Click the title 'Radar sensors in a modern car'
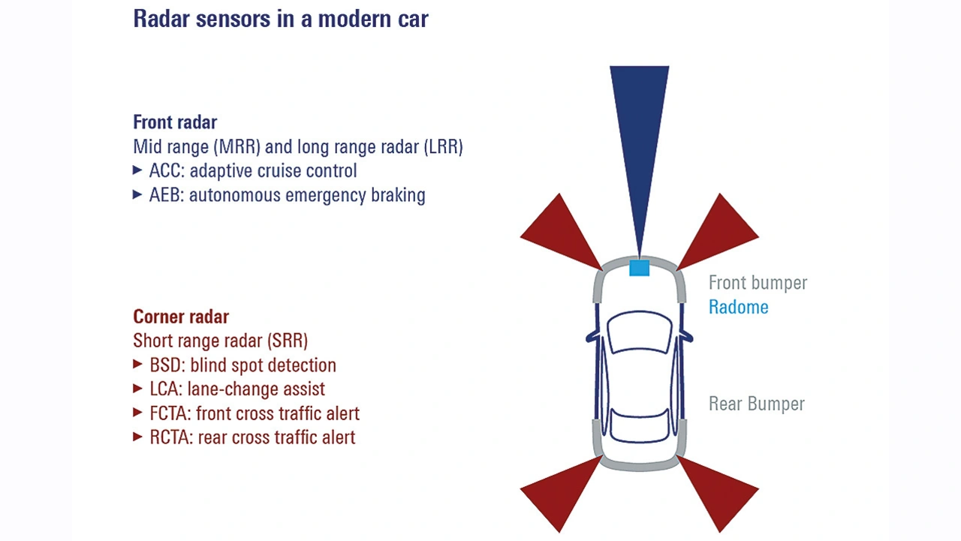click(x=281, y=19)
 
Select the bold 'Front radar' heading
click(x=175, y=122)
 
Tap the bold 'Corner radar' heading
click(x=181, y=317)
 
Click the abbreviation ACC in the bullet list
click(x=166, y=170)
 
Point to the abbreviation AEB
click(x=166, y=195)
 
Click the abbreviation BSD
click(x=167, y=365)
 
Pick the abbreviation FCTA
click(x=170, y=413)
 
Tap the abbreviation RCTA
click(x=171, y=437)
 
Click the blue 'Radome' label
click(x=738, y=308)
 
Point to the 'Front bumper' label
click(x=758, y=283)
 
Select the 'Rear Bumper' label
click(x=756, y=404)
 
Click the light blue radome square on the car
click(x=639, y=268)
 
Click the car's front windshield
click(x=640, y=332)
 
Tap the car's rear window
click(x=639, y=425)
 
